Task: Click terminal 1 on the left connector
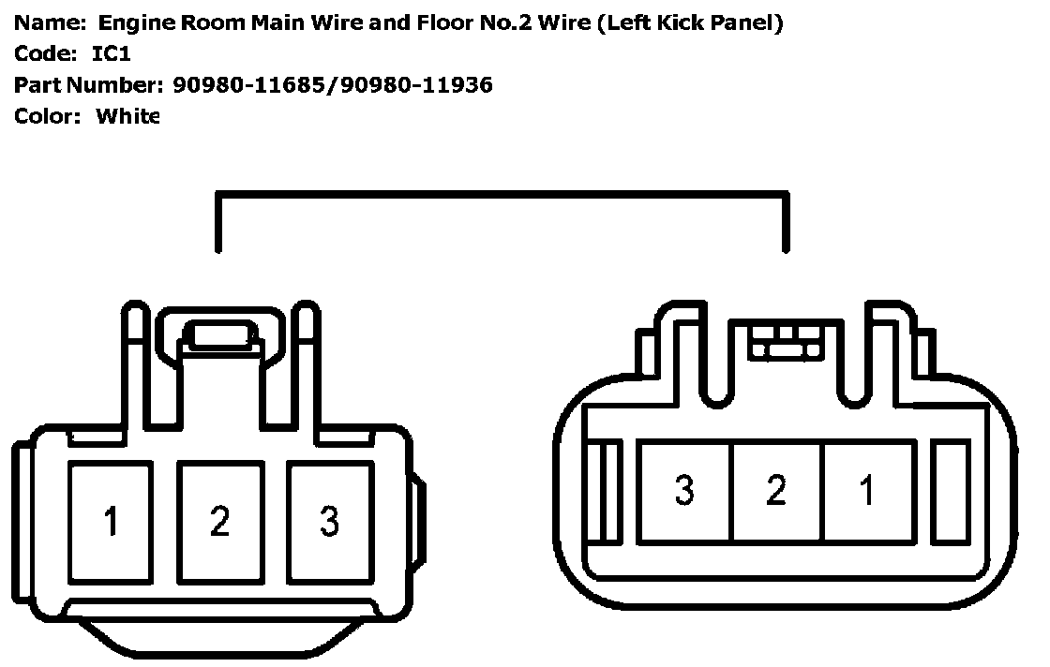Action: pyautogui.click(x=112, y=521)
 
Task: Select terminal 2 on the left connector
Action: pyautogui.click(x=220, y=521)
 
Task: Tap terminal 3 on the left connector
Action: pyautogui.click(x=329, y=521)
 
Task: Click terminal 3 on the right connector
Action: pyautogui.click(x=684, y=490)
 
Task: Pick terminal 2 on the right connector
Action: pyautogui.click(x=776, y=490)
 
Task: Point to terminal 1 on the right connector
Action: pyautogui.click(x=868, y=490)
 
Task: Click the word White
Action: pyautogui.click(x=128, y=116)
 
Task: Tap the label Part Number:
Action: pyautogui.click(x=88, y=85)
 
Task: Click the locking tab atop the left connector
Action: pyautogui.click(x=219, y=334)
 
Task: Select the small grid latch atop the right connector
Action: pyautogui.click(x=785, y=342)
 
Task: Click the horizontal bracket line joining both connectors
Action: pyautogui.click(x=502, y=195)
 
